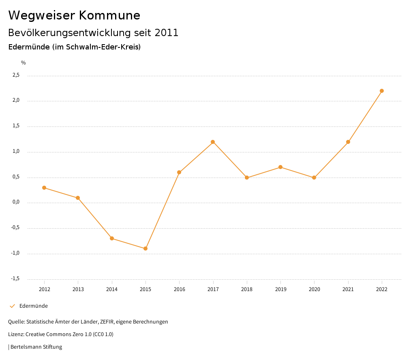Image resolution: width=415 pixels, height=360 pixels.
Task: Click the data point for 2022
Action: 382,91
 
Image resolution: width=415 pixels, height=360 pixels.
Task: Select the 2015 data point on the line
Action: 145,249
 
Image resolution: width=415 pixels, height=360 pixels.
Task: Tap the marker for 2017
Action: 213,142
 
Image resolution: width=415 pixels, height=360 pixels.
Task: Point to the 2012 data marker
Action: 44,188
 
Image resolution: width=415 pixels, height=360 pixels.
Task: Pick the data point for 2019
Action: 280,167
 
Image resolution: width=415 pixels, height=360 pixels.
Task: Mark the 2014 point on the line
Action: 112,238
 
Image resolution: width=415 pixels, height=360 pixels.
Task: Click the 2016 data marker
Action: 179,172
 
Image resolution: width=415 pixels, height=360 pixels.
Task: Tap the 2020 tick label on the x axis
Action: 314,289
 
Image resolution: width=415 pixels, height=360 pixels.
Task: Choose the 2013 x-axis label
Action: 78,289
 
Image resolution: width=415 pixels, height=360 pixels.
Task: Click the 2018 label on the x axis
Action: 247,289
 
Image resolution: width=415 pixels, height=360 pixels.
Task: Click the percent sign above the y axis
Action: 24,63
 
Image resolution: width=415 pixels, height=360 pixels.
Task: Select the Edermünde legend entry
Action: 33,306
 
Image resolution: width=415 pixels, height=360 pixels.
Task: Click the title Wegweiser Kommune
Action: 74,15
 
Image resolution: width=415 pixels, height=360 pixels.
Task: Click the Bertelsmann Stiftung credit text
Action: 36,347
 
